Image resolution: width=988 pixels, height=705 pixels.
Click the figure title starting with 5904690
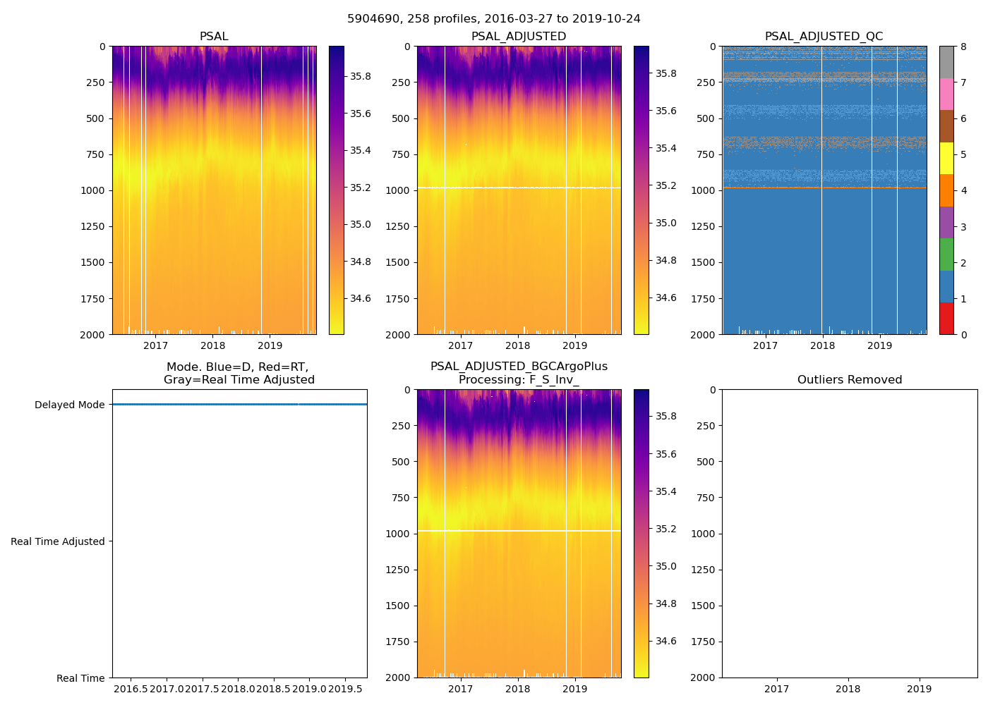[494, 19]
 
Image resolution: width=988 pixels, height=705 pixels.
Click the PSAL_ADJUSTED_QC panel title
[824, 37]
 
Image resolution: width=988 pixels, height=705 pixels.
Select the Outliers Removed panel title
[850, 380]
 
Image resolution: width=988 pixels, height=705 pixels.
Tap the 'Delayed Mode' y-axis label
[69, 405]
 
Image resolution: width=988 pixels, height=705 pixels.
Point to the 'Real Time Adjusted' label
[58, 541]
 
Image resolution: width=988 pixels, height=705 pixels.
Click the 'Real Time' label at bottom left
[80, 678]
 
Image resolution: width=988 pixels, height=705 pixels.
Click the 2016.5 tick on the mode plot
[131, 689]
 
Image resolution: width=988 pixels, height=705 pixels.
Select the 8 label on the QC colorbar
[963, 47]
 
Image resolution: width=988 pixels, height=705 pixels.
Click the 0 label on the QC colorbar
[963, 334]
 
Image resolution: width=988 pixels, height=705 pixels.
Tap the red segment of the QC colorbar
[946, 318]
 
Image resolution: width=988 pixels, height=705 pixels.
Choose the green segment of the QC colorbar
[946, 254]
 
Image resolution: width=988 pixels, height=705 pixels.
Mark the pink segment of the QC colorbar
[946, 94]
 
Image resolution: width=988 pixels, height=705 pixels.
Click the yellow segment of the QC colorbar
[946, 158]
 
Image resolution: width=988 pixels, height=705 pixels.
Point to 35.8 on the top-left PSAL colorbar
[361, 76]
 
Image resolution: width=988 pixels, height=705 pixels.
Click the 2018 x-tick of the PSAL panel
[213, 345]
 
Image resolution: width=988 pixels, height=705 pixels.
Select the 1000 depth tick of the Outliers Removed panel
[705, 534]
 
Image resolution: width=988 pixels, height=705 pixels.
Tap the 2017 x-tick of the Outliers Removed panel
[777, 689]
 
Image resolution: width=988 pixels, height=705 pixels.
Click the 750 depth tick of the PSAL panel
[95, 154]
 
